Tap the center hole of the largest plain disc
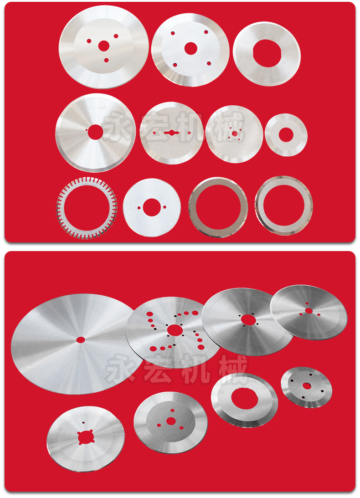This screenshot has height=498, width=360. tap(81, 339)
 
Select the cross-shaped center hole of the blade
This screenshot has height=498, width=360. tap(86, 437)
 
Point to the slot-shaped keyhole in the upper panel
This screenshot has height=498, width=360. tap(172, 133)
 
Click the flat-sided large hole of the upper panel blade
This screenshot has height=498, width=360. tap(267, 53)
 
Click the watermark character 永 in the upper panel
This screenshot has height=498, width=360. tap(118, 128)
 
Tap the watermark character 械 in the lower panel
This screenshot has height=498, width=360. tap(232, 369)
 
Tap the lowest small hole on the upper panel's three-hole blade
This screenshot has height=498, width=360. tap(106, 60)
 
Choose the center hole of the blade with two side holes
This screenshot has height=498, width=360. tap(152, 207)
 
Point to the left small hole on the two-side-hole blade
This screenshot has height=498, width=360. tap(139, 208)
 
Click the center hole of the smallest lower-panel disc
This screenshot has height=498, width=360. tap(307, 386)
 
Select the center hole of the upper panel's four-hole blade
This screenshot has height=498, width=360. tap(190, 48)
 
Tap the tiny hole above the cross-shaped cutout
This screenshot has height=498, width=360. tap(83, 423)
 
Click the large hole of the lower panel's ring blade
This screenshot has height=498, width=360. tap(244, 399)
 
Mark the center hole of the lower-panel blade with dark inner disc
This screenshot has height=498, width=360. tap(170, 421)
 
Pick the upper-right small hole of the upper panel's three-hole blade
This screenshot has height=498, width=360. tap(116, 36)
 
